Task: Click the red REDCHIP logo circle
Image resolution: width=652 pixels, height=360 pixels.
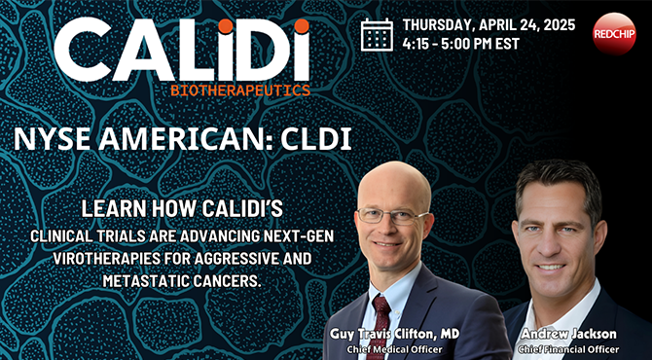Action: click(614, 33)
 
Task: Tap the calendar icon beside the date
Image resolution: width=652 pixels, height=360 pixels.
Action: click(377, 34)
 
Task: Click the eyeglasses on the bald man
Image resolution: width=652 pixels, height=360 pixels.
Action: click(393, 214)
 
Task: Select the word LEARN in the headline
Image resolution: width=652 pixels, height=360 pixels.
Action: click(112, 208)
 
